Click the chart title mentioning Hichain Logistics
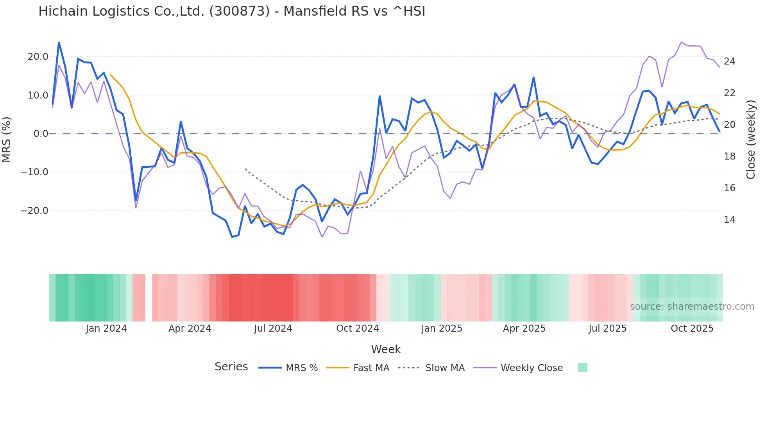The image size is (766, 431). click(x=231, y=11)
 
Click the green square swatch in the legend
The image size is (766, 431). click(x=582, y=368)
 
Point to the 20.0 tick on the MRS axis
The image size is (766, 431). click(x=38, y=57)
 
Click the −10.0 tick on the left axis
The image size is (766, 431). click(x=34, y=172)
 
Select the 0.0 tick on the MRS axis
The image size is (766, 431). click(x=41, y=134)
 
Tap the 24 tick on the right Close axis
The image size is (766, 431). click(x=729, y=61)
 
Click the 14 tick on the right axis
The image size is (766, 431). click(x=729, y=220)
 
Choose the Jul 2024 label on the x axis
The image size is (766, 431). click(x=273, y=329)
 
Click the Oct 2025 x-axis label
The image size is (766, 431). click(x=692, y=329)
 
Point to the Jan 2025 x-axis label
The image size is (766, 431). click(x=442, y=329)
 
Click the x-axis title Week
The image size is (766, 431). click(x=386, y=349)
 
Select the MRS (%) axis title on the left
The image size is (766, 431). click(x=7, y=139)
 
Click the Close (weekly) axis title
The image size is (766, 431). click(x=751, y=140)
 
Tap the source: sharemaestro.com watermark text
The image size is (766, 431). click(x=692, y=307)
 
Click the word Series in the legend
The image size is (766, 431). click(x=231, y=367)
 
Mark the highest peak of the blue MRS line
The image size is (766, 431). click(x=59, y=42)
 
